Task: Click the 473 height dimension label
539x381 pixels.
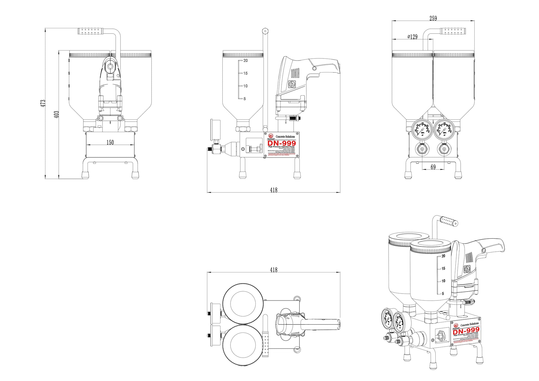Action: click(x=43, y=103)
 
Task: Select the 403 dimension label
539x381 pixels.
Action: click(x=57, y=114)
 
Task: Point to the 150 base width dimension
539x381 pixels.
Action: click(x=110, y=142)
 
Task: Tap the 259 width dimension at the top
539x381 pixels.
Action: click(x=433, y=18)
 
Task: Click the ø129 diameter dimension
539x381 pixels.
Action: click(x=412, y=37)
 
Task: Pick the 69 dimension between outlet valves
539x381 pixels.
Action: click(x=433, y=167)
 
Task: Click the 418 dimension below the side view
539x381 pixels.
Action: click(x=273, y=190)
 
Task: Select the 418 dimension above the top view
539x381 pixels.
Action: click(x=273, y=270)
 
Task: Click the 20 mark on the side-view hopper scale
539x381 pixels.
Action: click(x=245, y=60)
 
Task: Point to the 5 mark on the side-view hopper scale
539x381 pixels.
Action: click(x=244, y=99)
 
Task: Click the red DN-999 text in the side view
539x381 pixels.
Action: click(x=281, y=143)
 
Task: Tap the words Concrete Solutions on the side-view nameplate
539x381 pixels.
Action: click(x=285, y=137)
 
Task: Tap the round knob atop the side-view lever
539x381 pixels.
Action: click(x=265, y=31)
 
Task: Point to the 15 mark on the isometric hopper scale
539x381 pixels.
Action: click(x=443, y=268)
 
